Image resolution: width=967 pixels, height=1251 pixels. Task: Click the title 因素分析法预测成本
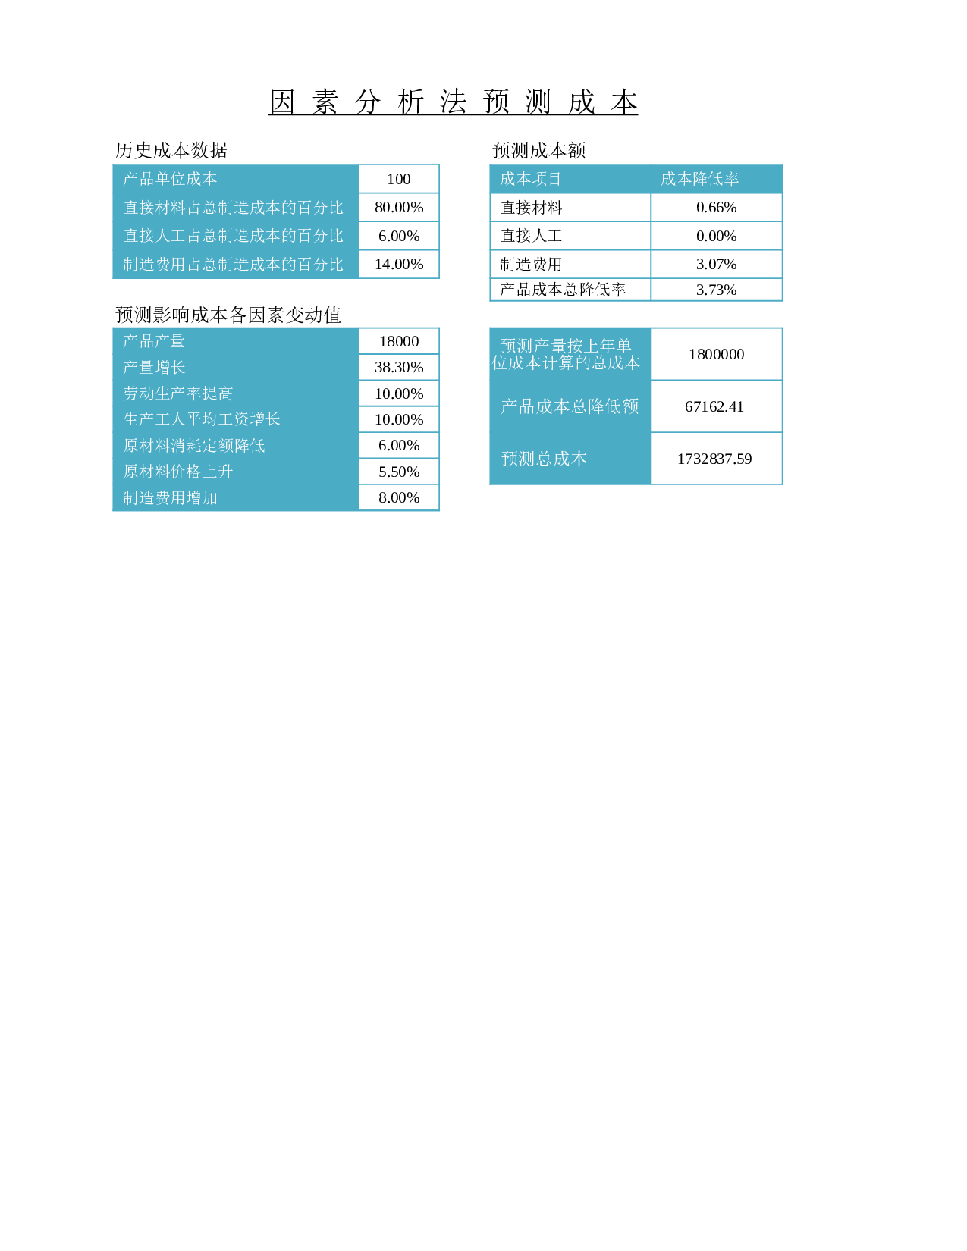pos(454,102)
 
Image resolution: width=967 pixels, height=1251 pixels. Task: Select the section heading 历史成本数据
pos(171,150)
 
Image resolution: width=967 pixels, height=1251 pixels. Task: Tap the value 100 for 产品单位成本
pos(398,179)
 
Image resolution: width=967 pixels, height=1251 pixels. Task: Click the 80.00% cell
pos(398,207)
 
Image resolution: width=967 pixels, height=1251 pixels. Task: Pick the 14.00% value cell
pos(398,265)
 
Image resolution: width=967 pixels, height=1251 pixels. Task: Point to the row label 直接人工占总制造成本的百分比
pos(234,236)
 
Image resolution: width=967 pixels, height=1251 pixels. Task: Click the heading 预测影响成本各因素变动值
pos(228,315)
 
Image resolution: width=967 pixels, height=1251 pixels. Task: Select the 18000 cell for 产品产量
pos(398,341)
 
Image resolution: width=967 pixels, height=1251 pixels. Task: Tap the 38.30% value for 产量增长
pos(398,367)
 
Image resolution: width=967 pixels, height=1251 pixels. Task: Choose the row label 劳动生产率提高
pos(178,393)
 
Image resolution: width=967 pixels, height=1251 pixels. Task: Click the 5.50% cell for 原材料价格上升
pos(398,472)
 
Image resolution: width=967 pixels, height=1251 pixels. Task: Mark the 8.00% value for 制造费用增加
pos(398,498)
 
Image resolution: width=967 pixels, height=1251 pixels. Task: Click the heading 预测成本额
pos(539,150)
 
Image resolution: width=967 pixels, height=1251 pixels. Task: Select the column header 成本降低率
pos(700,179)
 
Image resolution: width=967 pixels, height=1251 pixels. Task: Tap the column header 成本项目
pos(530,179)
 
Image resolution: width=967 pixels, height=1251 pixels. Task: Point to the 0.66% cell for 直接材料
pos(717,207)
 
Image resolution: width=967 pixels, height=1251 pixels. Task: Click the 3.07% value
pos(717,265)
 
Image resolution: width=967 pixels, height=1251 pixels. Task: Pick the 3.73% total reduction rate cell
pos(717,290)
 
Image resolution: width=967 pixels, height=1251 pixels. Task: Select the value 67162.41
pos(714,407)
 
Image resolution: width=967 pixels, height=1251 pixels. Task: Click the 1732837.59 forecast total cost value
pos(714,459)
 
